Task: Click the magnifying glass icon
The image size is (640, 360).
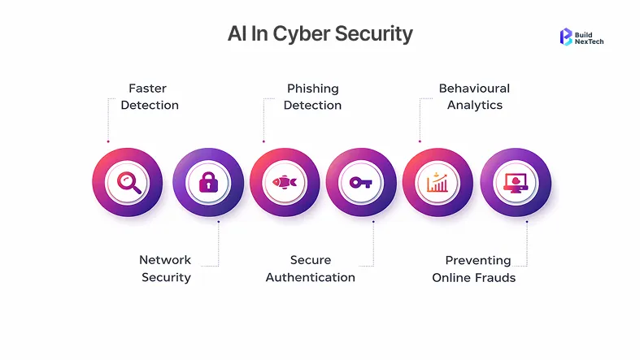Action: (128, 183)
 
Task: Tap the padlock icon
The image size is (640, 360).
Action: (208, 183)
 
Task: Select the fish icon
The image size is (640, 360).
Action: (285, 183)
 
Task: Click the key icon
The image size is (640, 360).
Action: (361, 183)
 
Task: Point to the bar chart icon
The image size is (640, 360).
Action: (438, 183)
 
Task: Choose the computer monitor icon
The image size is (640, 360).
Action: (516, 183)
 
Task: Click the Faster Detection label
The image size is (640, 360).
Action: (150, 97)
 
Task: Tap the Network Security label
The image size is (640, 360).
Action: (166, 269)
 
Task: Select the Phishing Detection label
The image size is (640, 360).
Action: (313, 97)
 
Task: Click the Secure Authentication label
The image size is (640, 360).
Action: (311, 269)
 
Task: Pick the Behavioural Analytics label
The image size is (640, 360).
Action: (474, 97)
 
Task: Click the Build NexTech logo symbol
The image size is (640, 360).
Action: (566, 37)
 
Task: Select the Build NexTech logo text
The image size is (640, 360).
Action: (590, 37)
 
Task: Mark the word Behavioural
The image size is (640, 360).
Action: (474, 89)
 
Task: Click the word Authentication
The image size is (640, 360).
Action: (311, 278)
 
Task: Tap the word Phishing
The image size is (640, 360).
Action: (313, 89)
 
